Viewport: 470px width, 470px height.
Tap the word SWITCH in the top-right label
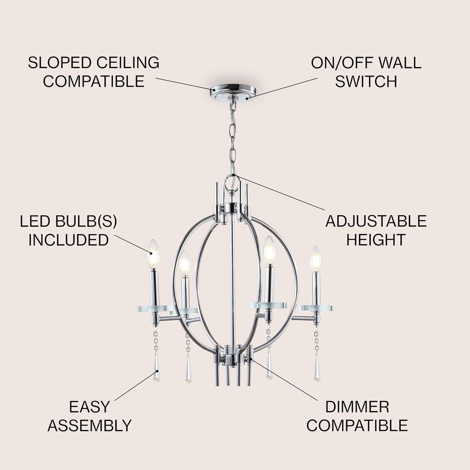(366, 81)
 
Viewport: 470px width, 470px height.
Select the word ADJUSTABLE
(376, 221)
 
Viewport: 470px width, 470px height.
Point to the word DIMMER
(357, 407)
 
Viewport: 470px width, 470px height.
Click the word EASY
(89, 407)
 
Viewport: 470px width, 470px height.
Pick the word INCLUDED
(68, 240)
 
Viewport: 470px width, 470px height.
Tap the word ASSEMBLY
(89, 426)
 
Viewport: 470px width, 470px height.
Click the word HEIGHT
(376, 240)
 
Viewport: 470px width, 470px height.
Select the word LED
(35, 221)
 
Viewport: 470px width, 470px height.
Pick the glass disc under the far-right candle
(316, 308)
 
